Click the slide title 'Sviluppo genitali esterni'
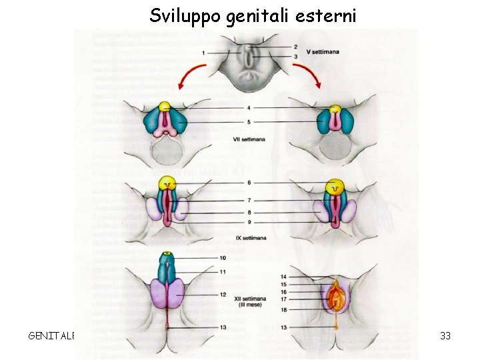click(253, 15)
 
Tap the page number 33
click(445, 335)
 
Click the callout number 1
click(203, 52)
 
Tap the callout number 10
click(223, 258)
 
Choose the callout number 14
click(283, 276)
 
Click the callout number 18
click(283, 310)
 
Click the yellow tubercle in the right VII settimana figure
click(336, 109)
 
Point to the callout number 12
click(223, 294)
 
